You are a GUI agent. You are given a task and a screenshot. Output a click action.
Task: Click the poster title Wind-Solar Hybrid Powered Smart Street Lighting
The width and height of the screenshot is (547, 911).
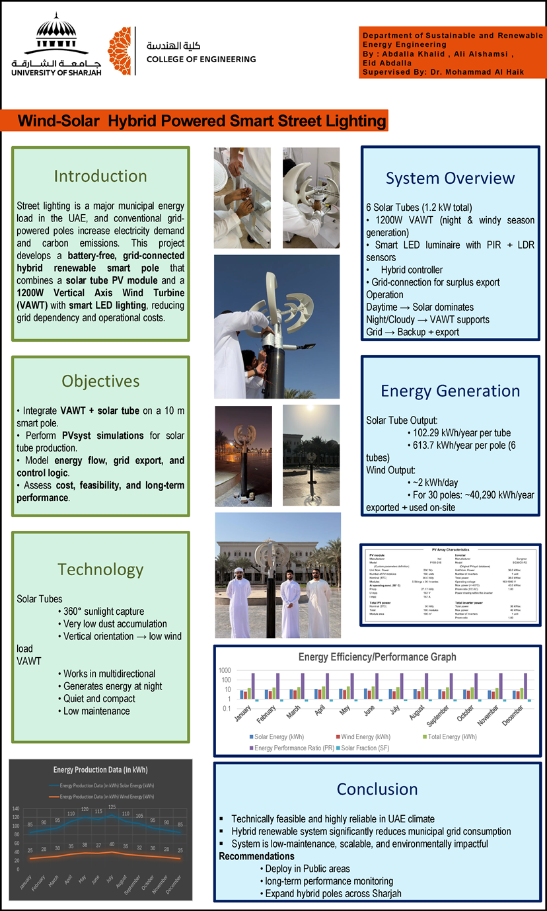click(x=201, y=122)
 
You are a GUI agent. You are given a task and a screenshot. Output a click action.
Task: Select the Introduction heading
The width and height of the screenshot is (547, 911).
click(x=100, y=176)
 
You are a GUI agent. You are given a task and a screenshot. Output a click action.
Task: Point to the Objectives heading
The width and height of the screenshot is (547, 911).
click(x=100, y=381)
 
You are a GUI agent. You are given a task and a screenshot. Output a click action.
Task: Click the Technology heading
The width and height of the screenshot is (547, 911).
click(x=100, y=569)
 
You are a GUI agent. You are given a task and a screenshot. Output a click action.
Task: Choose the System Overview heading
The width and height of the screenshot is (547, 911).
click(x=450, y=178)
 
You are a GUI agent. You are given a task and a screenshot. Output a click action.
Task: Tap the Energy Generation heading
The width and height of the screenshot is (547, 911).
click(x=450, y=391)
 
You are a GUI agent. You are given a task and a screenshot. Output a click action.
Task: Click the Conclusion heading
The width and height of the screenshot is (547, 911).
click(x=377, y=789)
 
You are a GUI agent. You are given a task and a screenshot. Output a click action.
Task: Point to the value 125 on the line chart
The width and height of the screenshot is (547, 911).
click(x=112, y=807)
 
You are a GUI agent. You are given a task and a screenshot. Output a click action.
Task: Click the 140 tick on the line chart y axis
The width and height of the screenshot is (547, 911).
click(x=17, y=809)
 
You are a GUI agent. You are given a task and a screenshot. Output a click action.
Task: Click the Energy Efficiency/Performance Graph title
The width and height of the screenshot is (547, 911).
click(x=377, y=657)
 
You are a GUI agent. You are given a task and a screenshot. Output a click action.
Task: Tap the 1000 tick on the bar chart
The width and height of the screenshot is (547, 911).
click(x=226, y=670)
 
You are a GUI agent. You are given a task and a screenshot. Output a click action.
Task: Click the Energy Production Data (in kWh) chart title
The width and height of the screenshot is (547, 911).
click(x=100, y=770)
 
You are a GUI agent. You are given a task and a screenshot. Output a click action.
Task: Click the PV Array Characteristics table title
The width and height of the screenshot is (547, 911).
click(x=451, y=549)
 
